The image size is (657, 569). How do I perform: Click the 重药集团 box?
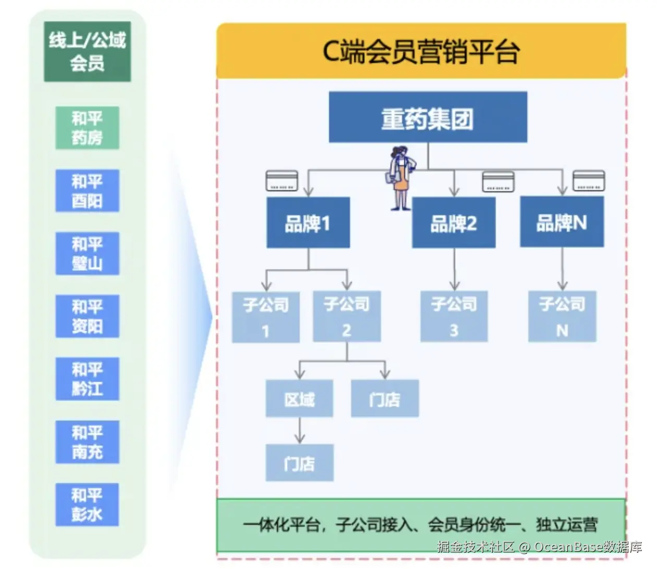tap(428, 117)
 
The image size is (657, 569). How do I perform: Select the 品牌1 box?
tap(308, 222)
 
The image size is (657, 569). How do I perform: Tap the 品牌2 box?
tap(454, 222)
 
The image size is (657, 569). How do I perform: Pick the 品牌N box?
tap(562, 222)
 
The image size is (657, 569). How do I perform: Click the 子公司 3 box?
tap(454, 316)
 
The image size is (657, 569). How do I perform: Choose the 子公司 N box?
tap(562, 316)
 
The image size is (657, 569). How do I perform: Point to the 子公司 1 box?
tap(265, 317)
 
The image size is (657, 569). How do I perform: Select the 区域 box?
tap(299, 399)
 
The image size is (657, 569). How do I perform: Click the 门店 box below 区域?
tap(299, 463)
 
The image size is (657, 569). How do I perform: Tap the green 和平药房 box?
tap(87, 128)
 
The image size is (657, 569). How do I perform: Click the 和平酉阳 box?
tap(87, 191)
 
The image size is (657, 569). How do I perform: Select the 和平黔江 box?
tap(87, 379)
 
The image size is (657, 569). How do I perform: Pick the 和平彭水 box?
tap(87, 504)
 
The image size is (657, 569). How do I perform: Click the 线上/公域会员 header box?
tap(87, 52)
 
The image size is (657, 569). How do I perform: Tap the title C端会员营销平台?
tap(421, 51)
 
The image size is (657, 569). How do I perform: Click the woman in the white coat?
tap(401, 177)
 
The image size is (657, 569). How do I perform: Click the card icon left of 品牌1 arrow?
tap(282, 181)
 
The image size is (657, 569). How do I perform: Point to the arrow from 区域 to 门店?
tap(299, 430)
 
